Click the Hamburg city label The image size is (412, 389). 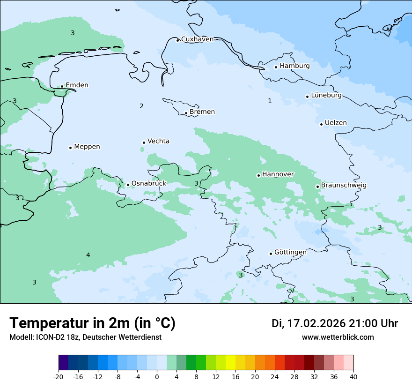294,66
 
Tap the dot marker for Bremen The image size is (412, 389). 186,113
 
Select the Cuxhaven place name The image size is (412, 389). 197,39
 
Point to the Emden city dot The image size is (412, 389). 62,86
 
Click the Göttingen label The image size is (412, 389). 290,252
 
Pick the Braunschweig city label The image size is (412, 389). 344,185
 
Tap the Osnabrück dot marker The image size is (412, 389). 128,185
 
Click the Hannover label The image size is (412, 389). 278,174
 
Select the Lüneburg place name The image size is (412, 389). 326,95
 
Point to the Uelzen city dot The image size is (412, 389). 322,124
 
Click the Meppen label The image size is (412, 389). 87,147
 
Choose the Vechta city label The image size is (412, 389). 158,141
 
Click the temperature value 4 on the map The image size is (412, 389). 88,255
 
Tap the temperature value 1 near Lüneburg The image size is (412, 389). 270,101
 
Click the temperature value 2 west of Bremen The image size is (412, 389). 141,106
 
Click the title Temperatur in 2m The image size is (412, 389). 92,323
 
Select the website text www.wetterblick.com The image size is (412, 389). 338,337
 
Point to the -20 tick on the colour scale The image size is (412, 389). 59,377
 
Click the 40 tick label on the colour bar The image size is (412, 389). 353,377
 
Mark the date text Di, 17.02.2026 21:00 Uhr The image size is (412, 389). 335,323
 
